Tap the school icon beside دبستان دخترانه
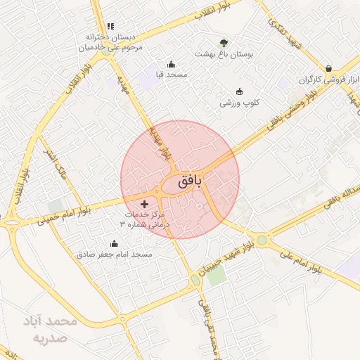pos(110,26)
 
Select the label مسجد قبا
pos(165,74)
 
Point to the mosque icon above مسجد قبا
pos(171,64)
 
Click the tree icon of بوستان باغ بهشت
pos(224,43)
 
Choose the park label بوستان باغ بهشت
pos(223,54)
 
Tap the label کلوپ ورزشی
pos(240,103)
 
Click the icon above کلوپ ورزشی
pos(239,91)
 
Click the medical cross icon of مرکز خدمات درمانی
pos(145,204)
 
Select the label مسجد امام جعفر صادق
pos(115,253)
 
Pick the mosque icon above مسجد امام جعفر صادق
pos(115,243)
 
